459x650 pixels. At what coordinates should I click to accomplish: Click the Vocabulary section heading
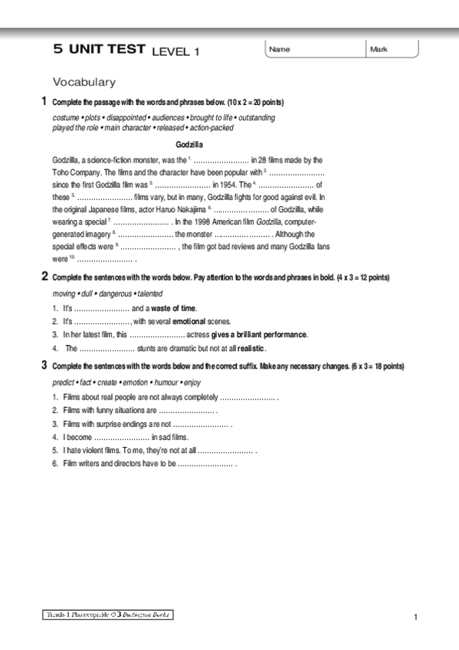point(84,81)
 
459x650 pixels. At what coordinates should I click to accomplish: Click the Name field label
point(280,50)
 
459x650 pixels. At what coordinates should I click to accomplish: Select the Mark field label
point(379,50)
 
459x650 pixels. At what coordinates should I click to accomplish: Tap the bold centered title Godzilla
point(189,144)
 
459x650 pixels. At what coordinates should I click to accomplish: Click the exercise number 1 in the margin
point(44,101)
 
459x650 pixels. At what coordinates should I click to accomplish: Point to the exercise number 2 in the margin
point(44,277)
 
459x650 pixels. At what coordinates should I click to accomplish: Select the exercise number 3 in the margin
point(44,366)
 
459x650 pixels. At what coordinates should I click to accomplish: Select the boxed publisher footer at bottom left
point(107,614)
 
